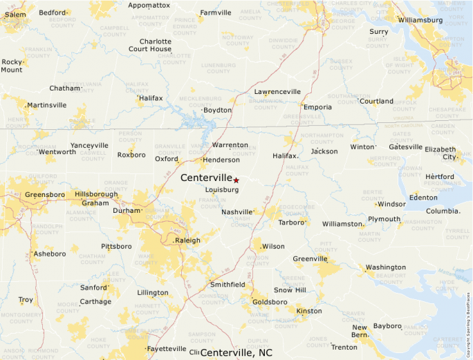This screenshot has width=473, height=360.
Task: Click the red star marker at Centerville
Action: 236,180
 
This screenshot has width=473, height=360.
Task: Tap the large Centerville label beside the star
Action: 206,178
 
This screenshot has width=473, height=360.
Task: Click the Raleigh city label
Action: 187,240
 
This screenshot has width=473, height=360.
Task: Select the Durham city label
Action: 127,211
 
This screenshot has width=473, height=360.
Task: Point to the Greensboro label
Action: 45,195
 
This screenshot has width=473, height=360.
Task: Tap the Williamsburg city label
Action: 420,20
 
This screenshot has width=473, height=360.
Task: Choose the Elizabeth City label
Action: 440,153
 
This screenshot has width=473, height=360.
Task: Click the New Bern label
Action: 360,331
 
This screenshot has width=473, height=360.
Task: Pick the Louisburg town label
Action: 222,189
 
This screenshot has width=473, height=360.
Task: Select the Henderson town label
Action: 221,160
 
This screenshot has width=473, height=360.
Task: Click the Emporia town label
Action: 318,107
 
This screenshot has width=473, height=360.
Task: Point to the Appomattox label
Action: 149,5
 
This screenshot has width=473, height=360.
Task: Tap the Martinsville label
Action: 46,105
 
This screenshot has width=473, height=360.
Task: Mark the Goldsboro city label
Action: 270,302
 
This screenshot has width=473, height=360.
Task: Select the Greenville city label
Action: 310,259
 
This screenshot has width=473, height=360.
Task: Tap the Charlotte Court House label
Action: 150,45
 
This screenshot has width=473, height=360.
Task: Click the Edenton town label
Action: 423,198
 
